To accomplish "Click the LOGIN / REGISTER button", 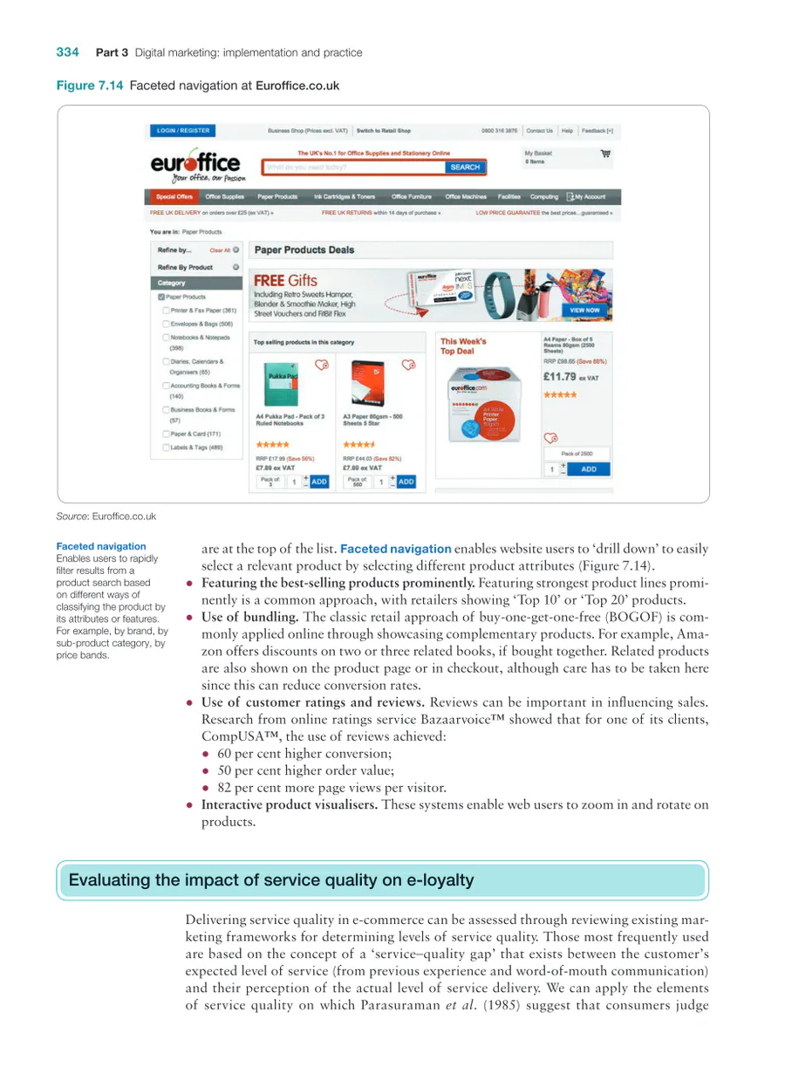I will pos(183,131).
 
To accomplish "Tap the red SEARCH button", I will pos(465,168).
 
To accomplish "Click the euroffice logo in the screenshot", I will pos(194,166).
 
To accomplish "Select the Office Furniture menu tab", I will pos(412,197).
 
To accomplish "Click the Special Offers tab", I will pos(173,197).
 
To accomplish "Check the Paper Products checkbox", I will pos(162,298).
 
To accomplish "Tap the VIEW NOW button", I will pos(584,310).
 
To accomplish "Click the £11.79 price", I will pos(560,377).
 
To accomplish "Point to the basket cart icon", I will pos(605,154).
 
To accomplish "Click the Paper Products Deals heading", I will pos(304,250).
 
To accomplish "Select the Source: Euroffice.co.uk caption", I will pos(106,516).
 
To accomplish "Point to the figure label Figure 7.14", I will pos(91,85).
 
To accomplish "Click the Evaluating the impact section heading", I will pos(270,880).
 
